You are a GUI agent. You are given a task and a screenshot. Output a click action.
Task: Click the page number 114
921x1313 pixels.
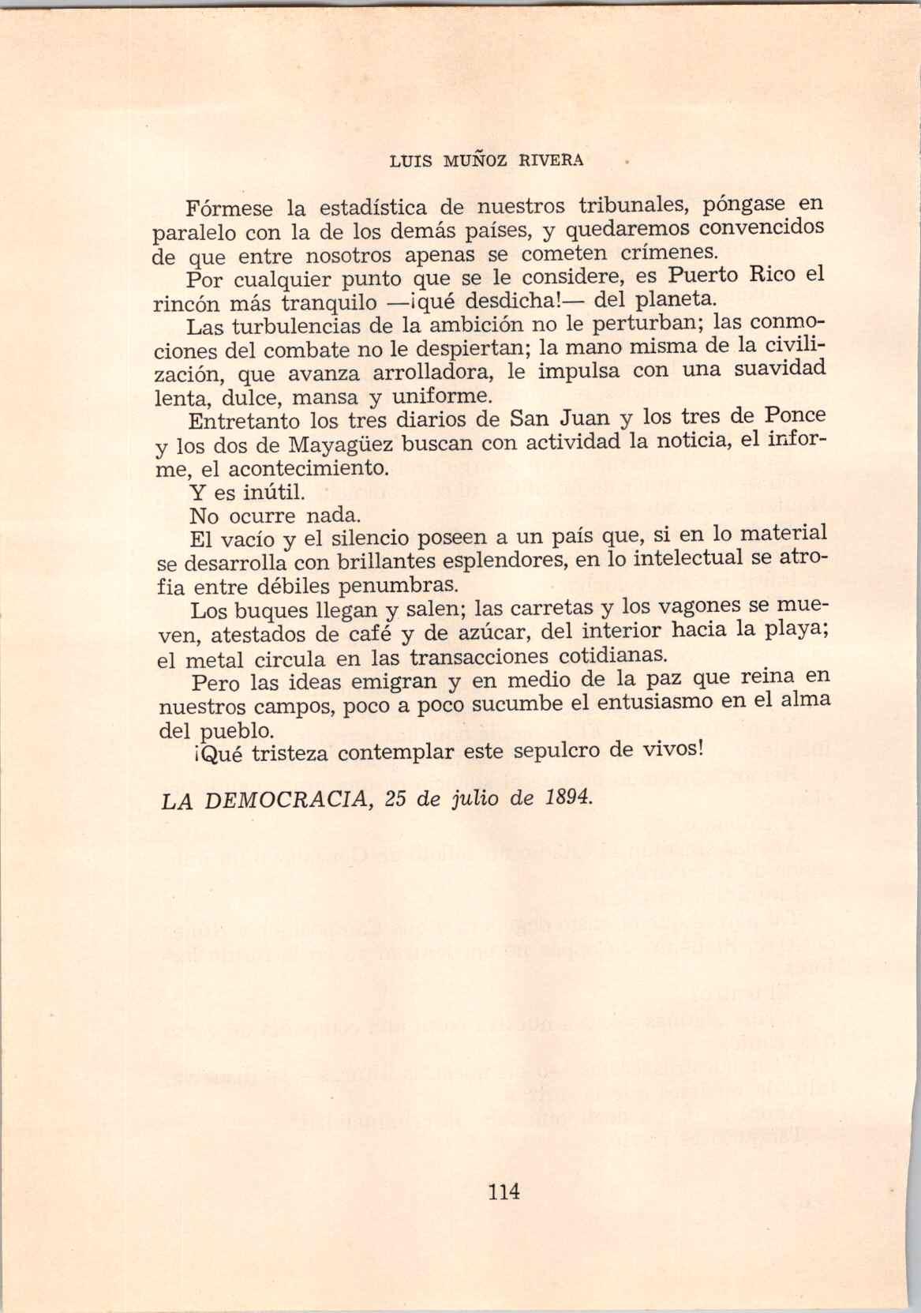tap(504, 1191)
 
